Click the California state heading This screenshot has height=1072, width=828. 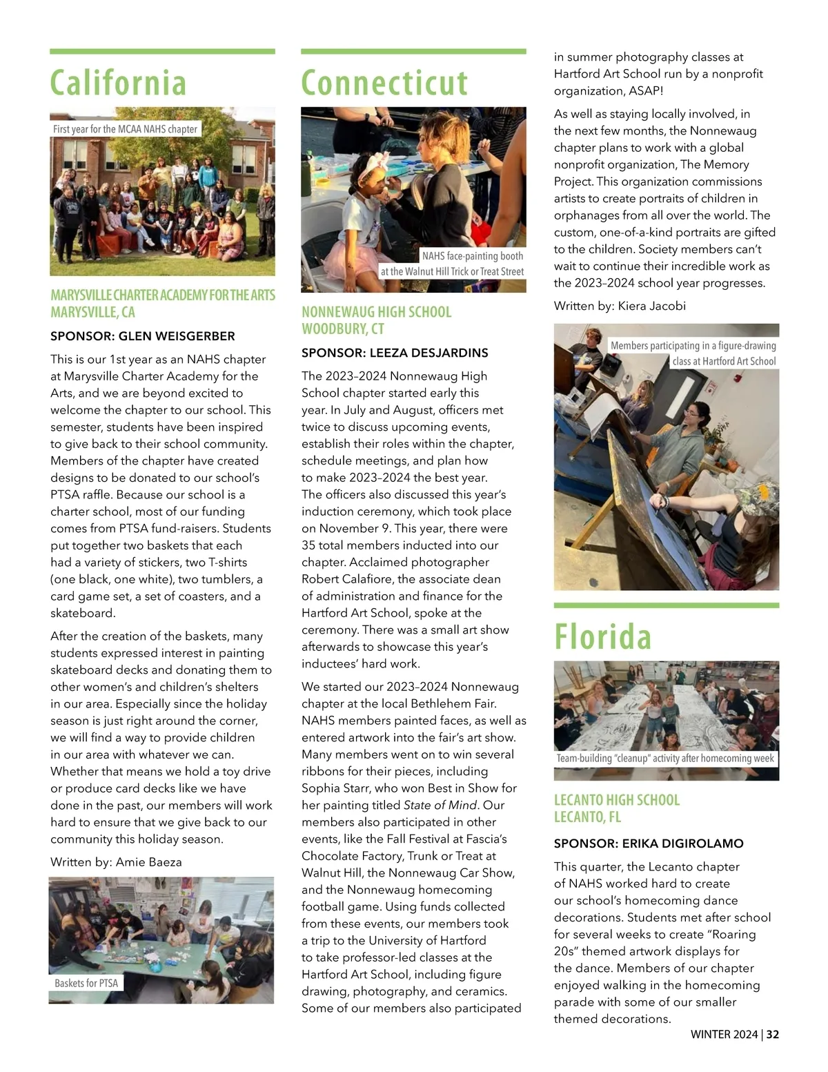coord(118,84)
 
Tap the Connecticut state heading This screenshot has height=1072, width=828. coord(384,84)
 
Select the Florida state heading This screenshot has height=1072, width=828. coord(602,637)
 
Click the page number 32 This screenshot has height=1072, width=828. coord(773,1034)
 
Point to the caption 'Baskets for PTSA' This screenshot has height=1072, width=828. coord(86,983)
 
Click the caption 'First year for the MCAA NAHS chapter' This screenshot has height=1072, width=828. coord(125,129)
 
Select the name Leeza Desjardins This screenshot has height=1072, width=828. coord(428,353)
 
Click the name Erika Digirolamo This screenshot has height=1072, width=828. coord(682,844)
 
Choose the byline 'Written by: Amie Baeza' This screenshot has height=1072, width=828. coord(116,862)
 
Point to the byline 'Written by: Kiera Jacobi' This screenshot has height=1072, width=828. coord(620,306)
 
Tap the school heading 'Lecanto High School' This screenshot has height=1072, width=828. coord(617,800)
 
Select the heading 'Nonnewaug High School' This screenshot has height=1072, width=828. coord(376,312)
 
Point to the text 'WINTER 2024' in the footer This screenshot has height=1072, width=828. coord(724,1034)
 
